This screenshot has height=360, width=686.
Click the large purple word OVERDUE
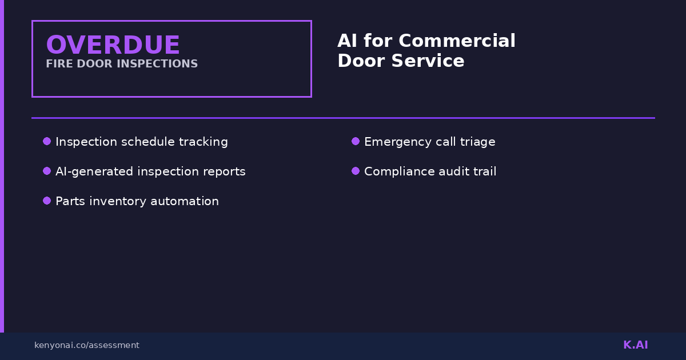click(x=113, y=45)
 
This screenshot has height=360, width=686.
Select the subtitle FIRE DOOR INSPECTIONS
click(x=122, y=64)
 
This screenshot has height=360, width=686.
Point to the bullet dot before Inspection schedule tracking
click(x=47, y=141)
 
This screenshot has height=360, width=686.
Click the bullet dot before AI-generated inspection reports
click(x=47, y=171)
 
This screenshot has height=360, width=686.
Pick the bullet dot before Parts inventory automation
click(x=47, y=201)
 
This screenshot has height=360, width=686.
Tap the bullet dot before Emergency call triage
click(x=356, y=141)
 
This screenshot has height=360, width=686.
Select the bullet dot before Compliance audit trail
click(x=356, y=171)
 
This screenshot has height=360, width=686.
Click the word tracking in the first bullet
click(x=205, y=142)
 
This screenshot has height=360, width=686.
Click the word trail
click(x=485, y=171)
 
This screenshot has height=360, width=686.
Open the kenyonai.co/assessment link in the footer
click(x=86, y=345)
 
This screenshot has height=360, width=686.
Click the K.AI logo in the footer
click(x=635, y=345)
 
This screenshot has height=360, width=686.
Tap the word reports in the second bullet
click(x=225, y=171)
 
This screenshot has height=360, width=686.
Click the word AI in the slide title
click(x=347, y=41)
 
